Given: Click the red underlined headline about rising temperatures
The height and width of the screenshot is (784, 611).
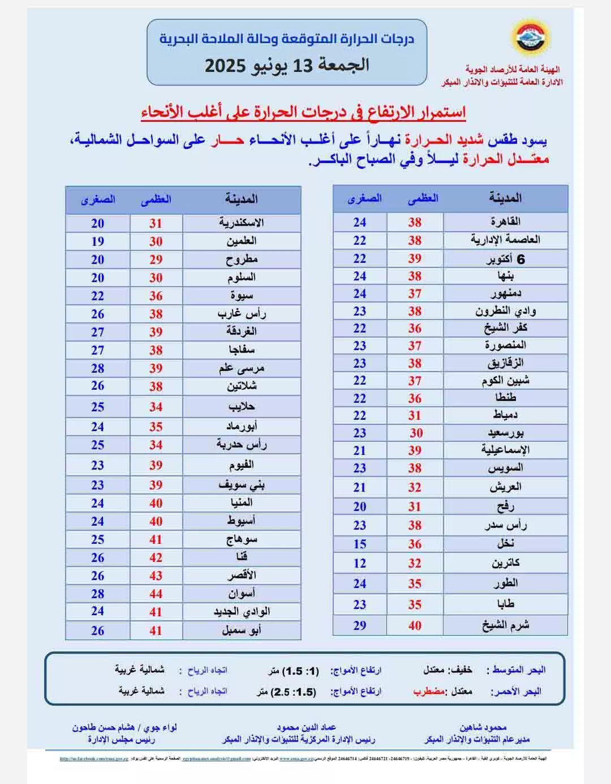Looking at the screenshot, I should pyautogui.click(x=303, y=112).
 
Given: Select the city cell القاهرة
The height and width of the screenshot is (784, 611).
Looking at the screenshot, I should pyautogui.click(x=505, y=221).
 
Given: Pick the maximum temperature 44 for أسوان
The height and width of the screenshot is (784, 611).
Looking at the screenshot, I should pyautogui.click(x=156, y=594).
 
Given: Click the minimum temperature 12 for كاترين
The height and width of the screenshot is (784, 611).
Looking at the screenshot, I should pyautogui.click(x=360, y=563).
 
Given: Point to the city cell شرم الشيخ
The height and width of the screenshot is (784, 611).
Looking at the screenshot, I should pyautogui.click(x=505, y=625).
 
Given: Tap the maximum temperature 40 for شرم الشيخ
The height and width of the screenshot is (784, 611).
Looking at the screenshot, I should pyautogui.click(x=415, y=625).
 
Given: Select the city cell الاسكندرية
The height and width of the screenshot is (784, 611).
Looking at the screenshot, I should pyautogui.click(x=242, y=223).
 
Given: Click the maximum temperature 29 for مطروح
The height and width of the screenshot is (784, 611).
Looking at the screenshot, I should pyautogui.click(x=156, y=259).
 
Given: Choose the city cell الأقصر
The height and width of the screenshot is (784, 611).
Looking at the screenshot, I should pyautogui.click(x=242, y=576).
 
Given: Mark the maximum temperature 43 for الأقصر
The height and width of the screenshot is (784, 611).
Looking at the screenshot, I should pyautogui.click(x=156, y=576).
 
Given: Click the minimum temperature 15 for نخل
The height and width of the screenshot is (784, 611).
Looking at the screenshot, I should pyautogui.click(x=360, y=544).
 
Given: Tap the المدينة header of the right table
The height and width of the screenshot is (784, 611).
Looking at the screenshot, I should pyautogui.click(x=505, y=198).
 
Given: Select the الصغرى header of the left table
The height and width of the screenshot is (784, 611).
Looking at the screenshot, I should pyautogui.click(x=98, y=199).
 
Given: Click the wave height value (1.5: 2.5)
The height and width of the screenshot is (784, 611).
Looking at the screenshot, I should pyautogui.click(x=294, y=692).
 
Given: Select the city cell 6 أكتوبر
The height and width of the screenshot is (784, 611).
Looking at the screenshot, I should pyautogui.click(x=505, y=259).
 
